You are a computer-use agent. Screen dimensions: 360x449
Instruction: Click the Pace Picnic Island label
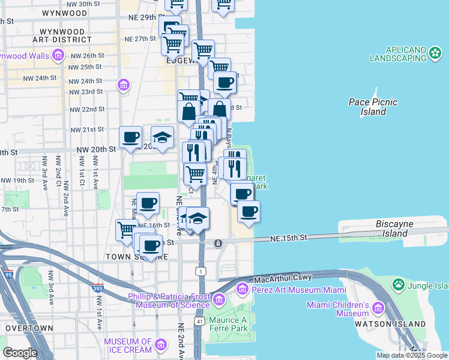373,107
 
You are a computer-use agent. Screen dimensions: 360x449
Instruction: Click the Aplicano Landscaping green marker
435,54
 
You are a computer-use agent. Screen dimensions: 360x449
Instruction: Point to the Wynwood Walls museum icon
58,56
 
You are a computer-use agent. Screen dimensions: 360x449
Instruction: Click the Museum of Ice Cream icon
160,344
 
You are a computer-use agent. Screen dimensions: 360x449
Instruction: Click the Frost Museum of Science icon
218,298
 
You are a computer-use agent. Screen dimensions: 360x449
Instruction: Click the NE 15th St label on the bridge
288,238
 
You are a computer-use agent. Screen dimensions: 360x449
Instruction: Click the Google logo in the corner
20,353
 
